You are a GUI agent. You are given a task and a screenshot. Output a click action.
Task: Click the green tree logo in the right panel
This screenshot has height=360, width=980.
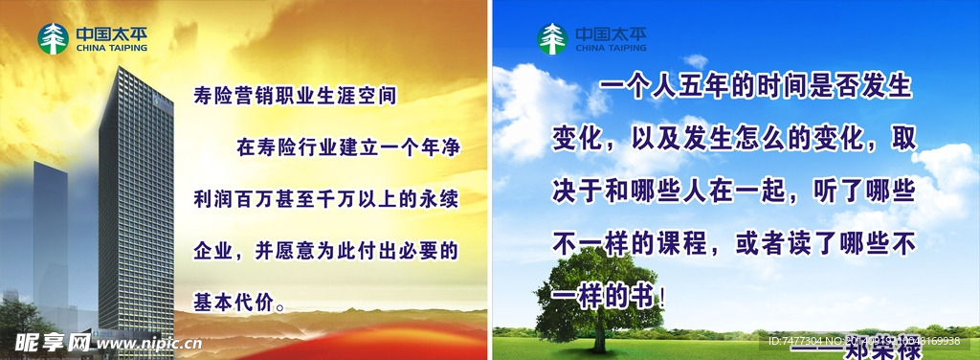(x=552, y=38)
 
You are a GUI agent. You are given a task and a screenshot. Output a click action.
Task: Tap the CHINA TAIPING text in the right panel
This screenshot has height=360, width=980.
(x=611, y=47)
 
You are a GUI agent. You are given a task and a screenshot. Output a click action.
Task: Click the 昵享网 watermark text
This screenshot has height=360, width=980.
(x=48, y=342)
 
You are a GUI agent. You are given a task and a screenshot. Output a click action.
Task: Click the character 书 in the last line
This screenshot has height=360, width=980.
(x=646, y=297)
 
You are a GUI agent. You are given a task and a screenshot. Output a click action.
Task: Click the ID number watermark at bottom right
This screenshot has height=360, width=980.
(x=861, y=341)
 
